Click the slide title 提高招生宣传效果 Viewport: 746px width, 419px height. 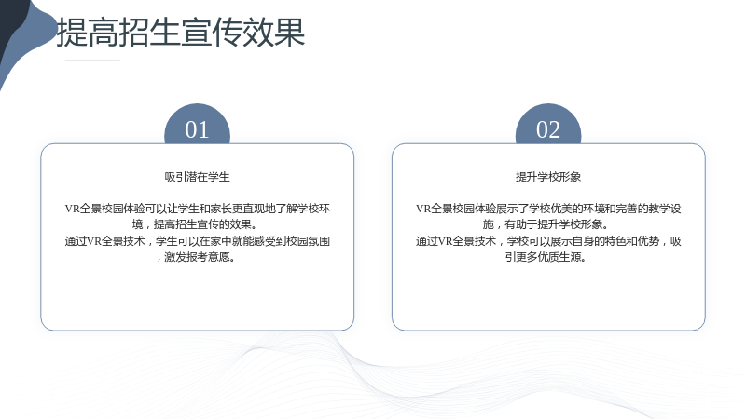(x=181, y=33)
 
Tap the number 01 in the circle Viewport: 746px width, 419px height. (x=197, y=129)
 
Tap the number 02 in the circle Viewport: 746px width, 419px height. (x=548, y=129)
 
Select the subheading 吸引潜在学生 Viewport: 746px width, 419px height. (x=197, y=177)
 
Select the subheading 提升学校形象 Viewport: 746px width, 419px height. (x=548, y=177)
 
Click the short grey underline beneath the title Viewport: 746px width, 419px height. (x=92, y=61)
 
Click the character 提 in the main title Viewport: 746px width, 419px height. (x=72, y=33)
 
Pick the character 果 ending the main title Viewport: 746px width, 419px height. (x=290, y=33)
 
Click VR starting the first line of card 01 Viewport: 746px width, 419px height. (x=72, y=209)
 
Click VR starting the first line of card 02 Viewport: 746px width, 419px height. (x=423, y=209)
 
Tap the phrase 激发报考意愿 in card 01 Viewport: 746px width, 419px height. (x=197, y=257)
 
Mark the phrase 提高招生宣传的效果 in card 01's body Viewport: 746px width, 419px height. (x=202, y=224)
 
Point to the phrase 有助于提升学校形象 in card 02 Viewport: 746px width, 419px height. (x=554, y=224)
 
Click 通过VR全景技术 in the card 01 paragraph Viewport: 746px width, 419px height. (x=104, y=241)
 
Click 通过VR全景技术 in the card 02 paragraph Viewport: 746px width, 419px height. (x=456, y=241)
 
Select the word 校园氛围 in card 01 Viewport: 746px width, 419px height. (x=309, y=241)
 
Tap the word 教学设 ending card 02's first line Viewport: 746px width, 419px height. (x=665, y=209)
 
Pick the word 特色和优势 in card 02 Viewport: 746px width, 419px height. (x=632, y=241)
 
